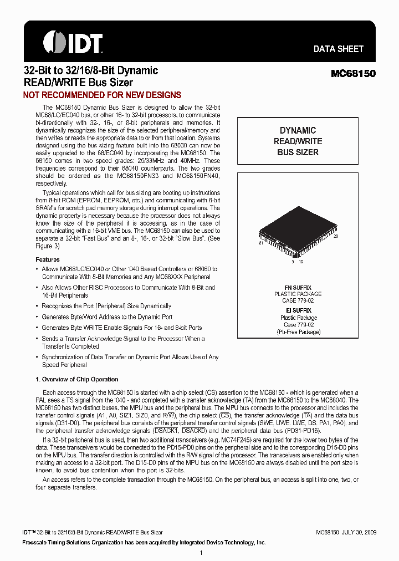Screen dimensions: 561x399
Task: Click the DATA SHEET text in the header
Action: (x=338, y=49)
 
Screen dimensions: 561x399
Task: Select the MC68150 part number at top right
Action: (x=353, y=73)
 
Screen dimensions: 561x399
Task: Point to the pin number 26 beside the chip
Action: (x=335, y=237)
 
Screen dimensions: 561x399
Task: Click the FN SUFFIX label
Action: (x=298, y=287)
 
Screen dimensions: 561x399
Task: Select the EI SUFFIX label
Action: (x=298, y=310)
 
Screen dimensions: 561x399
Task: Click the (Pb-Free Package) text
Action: (x=298, y=331)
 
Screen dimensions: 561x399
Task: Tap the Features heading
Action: (x=48, y=259)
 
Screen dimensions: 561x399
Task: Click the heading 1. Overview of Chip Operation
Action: (x=76, y=379)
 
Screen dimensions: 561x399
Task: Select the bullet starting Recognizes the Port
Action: (x=106, y=306)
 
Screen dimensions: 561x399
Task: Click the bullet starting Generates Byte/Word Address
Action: (x=107, y=317)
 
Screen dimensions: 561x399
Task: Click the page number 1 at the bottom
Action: (x=201, y=552)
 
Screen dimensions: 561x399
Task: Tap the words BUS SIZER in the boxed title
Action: (x=298, y=152)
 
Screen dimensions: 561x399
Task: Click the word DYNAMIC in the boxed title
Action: (x=298, y=130)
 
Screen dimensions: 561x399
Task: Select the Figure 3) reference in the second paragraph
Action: (x=48, y=246)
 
